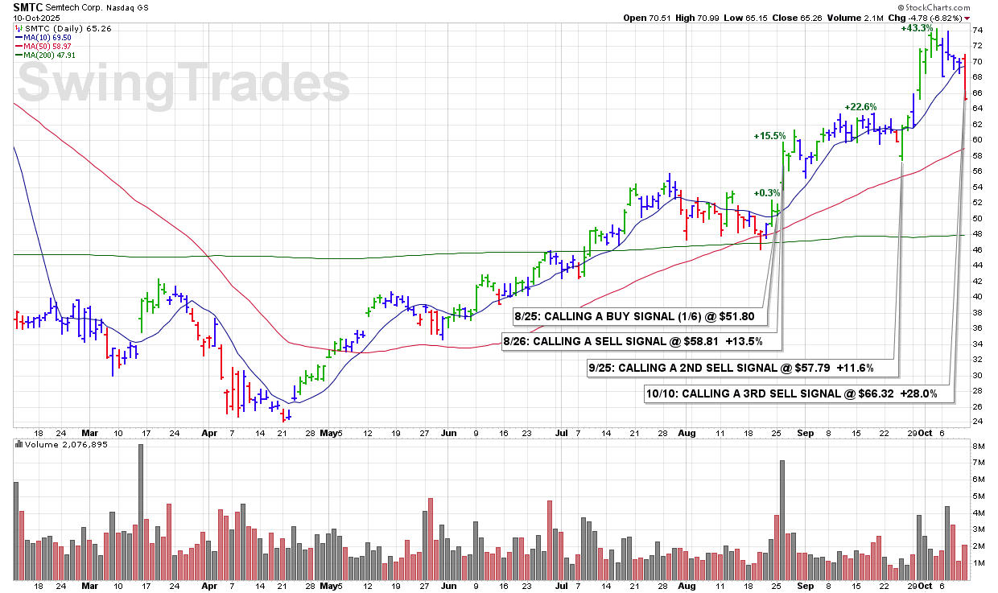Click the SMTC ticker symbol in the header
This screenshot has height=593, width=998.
tap(27, 6)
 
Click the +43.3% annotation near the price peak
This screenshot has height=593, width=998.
tap(917, 28)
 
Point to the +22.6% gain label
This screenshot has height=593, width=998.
tap(860, 107)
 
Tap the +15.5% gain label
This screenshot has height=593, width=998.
tap(769, 136)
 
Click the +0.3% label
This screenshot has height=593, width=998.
tap(767, 193)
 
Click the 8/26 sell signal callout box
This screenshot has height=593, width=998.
tap(642, 341)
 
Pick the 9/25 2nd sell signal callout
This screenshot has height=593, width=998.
tap(743, 369)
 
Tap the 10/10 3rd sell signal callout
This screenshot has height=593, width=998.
tap(799, 394)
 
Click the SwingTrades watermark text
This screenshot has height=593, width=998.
tap(184, 84)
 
